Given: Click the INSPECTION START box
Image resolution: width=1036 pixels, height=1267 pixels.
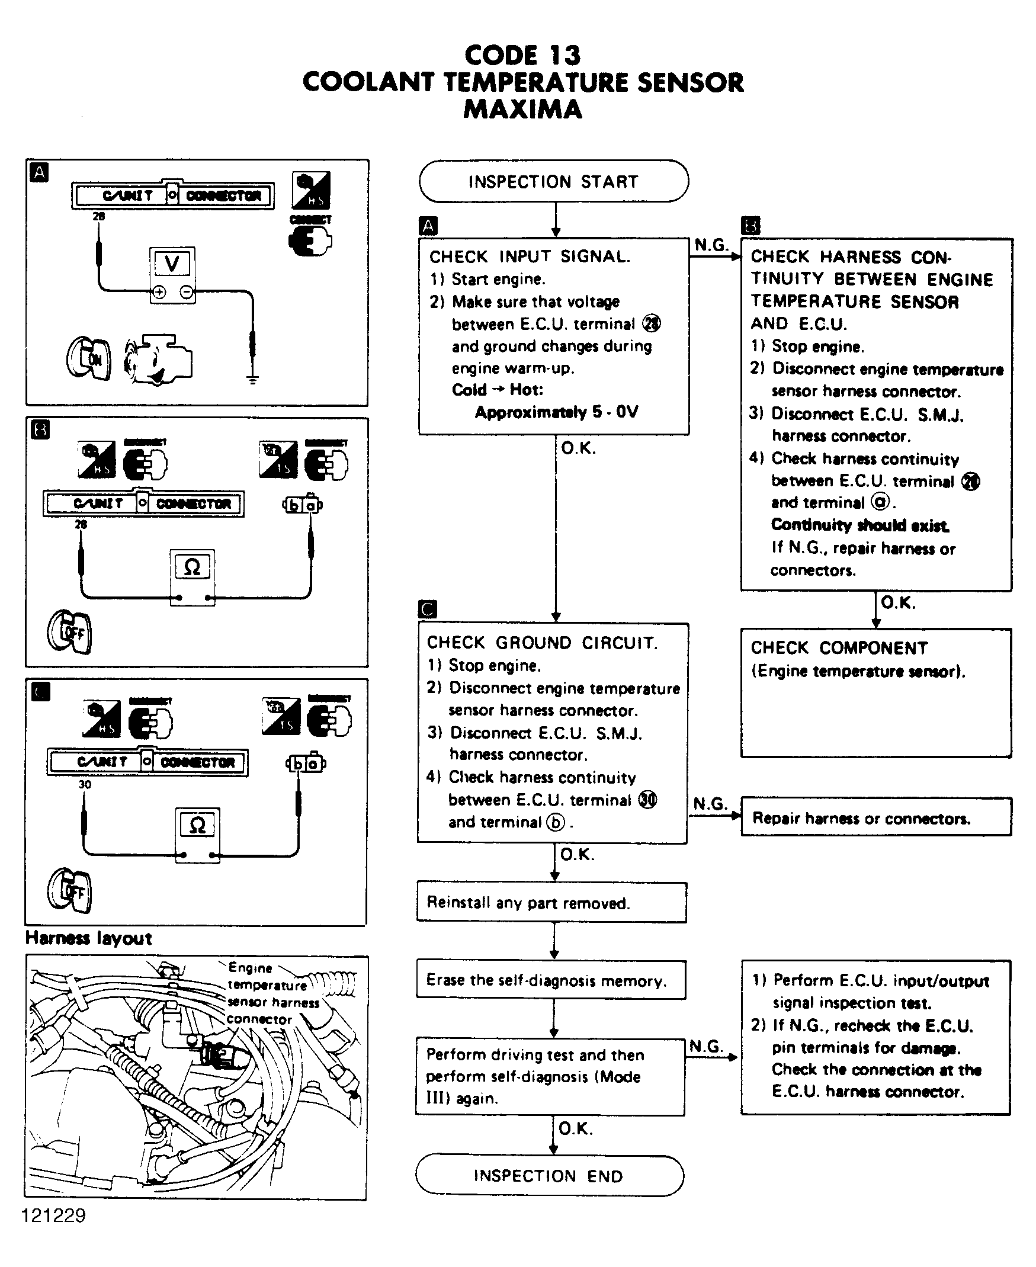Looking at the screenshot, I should point(553,181).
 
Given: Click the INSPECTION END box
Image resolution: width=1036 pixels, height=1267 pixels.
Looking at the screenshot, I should point(549,1175).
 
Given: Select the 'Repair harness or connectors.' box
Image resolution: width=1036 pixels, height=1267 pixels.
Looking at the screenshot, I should point(875,817).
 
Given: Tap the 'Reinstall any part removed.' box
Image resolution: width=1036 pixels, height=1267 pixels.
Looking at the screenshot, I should point(551,902).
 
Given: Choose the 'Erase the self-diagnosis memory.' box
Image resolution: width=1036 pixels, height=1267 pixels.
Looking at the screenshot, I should point(551,980).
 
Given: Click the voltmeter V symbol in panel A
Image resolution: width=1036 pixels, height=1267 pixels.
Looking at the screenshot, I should point(172,264).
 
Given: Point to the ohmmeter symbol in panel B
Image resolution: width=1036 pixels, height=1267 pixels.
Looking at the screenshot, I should point(192,567).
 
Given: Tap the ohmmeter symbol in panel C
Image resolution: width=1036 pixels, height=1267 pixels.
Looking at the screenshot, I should point(197,825).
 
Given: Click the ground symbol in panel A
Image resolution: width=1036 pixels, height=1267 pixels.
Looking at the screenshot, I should point(252,379).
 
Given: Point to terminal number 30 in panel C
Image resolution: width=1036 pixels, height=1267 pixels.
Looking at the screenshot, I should point(85,784).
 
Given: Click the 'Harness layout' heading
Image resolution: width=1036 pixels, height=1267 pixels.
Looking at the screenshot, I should point(89,938).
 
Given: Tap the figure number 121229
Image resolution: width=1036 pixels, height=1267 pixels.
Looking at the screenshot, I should point(54,1215).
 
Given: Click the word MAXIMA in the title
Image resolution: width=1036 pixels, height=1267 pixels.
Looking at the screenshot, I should point(522,109).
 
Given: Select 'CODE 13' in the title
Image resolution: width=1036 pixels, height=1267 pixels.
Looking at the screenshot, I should point(522,56).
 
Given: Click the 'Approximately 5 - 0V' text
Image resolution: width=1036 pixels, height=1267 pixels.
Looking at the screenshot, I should point(556,412).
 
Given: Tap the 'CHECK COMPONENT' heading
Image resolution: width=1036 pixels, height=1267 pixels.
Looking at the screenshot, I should point(839,647).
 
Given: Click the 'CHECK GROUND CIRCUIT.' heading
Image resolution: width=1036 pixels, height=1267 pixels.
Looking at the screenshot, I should point(543,643).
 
